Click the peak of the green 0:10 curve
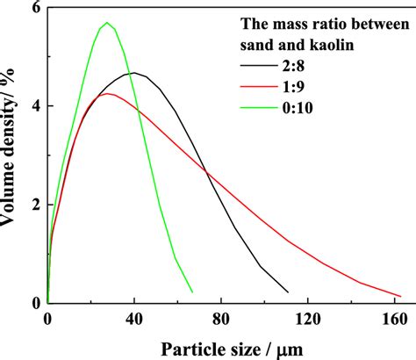coord(107,23)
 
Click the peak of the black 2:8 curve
coord(133,73)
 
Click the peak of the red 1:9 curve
coord(107,93)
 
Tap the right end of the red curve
coord(400,296)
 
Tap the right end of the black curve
coord(288,292)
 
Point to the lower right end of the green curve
coord(192,291)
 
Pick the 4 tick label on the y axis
coord(36,106)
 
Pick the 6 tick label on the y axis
coord(36,8)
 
